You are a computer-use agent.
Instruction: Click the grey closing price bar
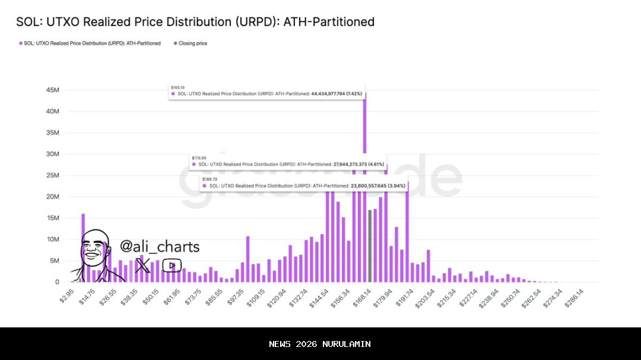click(x=370, y=246)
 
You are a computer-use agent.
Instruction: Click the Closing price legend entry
click(x=192, y=43)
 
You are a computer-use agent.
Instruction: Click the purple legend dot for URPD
click(x=20, y=43)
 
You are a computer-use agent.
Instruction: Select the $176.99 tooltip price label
click(x=198, y=158)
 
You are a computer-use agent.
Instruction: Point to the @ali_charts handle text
click(x=160, y=247)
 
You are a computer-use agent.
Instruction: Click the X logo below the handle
click(x=142, y=266)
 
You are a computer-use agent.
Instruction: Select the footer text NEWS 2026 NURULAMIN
click(x=320, y=344)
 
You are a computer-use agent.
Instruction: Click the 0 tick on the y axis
click(x=57, y=282)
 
